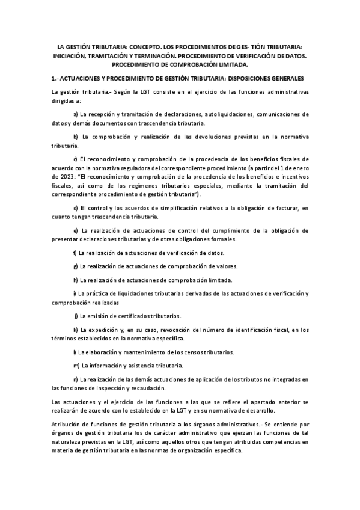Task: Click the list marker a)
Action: [x=75, y=114]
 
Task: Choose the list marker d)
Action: [x=75, y=208]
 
